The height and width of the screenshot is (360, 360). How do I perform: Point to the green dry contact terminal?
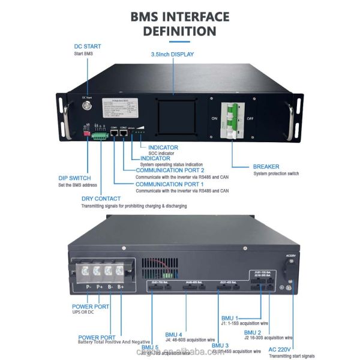[100, 135]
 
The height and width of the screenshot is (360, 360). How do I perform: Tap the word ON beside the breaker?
[215, 118]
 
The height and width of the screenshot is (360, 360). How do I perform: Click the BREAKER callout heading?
[266, 166]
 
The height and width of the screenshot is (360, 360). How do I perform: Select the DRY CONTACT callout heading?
[100, 199]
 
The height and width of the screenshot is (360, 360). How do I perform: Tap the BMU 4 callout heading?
[175, 334]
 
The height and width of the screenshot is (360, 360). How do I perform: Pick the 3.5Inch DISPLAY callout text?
[175, 54]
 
